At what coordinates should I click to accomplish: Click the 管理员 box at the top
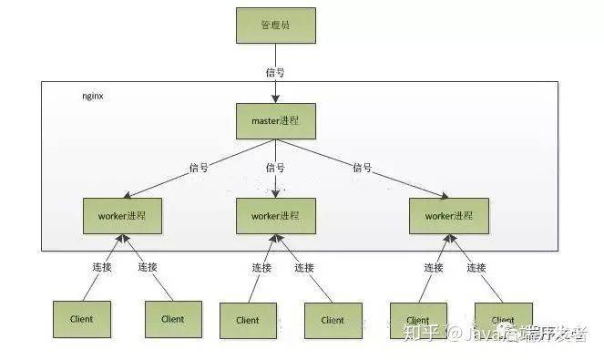click(274, 26)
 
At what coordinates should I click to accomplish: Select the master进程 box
click(274, 119)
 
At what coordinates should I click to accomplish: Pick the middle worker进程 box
click(274, 215)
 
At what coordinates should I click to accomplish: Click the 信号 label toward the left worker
click(199, 168)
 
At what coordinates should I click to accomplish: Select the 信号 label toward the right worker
click(363, 167)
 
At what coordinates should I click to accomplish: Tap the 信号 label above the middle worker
click(276, 168)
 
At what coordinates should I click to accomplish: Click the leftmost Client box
click(81, 319)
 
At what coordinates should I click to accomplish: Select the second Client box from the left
click(172, 319)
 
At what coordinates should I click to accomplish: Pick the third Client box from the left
click(248, 320)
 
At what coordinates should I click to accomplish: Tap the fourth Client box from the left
click(332, 320)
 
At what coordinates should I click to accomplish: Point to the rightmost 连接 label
click(476, 267)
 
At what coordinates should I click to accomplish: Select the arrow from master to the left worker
click(182, 172)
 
